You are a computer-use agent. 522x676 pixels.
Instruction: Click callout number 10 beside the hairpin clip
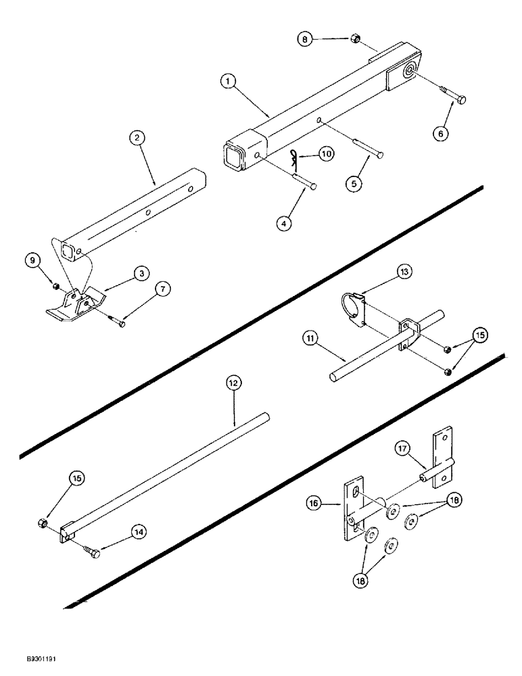[x=327, y=154]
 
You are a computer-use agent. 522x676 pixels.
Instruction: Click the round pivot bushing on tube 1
[x=410, y=73]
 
